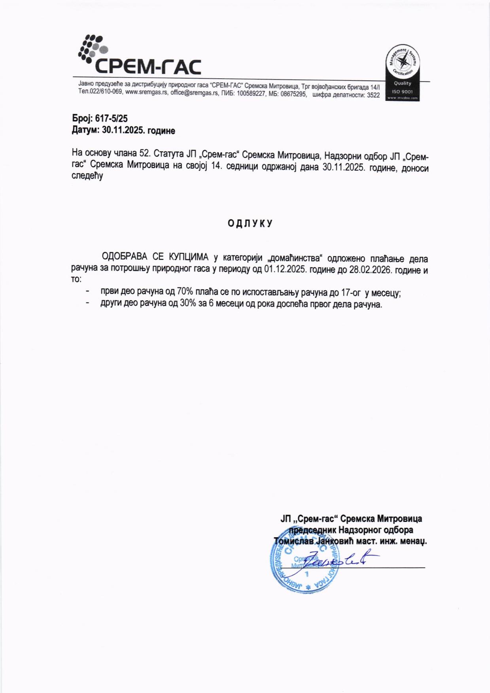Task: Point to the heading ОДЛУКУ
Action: [x=250, y=223]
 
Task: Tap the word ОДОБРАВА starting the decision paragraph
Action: [x=125, y=258]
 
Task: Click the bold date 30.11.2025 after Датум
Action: [x=123, y=130]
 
